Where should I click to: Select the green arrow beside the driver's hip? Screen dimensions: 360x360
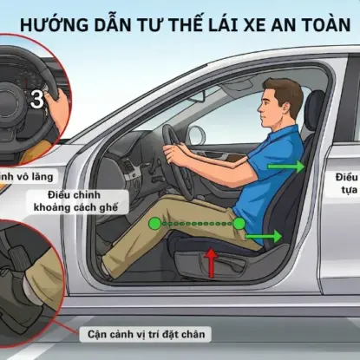(x=266, y=235)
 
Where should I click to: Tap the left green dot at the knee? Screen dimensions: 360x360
(x=154, y=224)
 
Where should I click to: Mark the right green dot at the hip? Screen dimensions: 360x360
(x=238, y=224)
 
